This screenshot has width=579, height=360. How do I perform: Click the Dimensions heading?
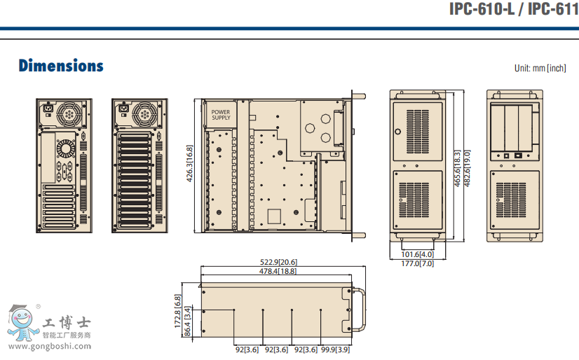tap(61, 66)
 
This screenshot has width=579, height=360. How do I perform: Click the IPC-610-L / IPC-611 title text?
tap(513, 10)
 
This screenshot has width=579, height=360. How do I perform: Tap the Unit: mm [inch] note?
tap(540, 68)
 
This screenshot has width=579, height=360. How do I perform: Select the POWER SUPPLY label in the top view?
tap(221, 115)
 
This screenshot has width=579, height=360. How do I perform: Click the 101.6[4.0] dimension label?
tap(418, 254)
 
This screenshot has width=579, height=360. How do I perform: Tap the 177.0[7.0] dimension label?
tap(418, 264)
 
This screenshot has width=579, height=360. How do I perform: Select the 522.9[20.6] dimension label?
tap(278, 262)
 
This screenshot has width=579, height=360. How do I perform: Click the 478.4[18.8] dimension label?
tap(278, 270)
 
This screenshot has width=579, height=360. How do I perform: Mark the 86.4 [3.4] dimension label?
tap(188, 319)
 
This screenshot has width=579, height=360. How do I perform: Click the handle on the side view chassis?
tap(361, 310)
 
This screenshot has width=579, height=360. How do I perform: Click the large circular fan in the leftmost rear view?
tap(70, 113)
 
